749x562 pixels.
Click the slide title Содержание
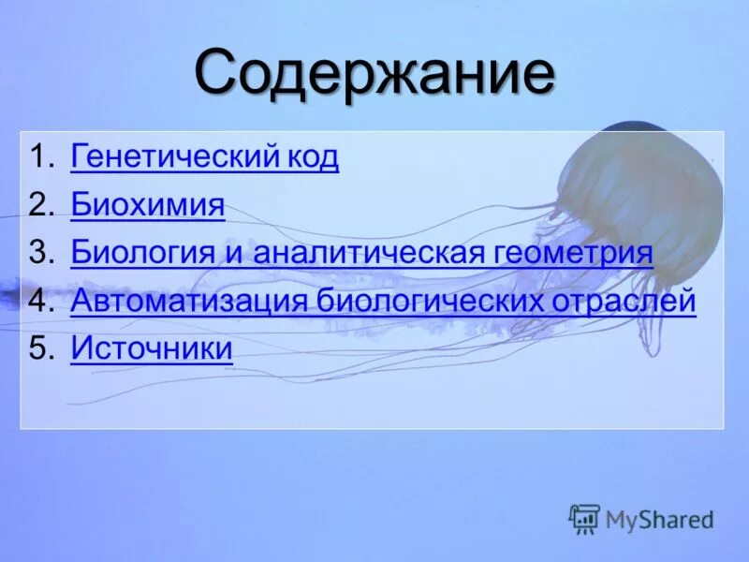tap(374, 74)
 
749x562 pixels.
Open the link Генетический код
tap(204, 156)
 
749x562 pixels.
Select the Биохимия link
tap(147, 205)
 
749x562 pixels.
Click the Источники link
tap(151, 349)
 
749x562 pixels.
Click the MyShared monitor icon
tap(584, 518)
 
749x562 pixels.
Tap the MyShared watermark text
tap(659, 519)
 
